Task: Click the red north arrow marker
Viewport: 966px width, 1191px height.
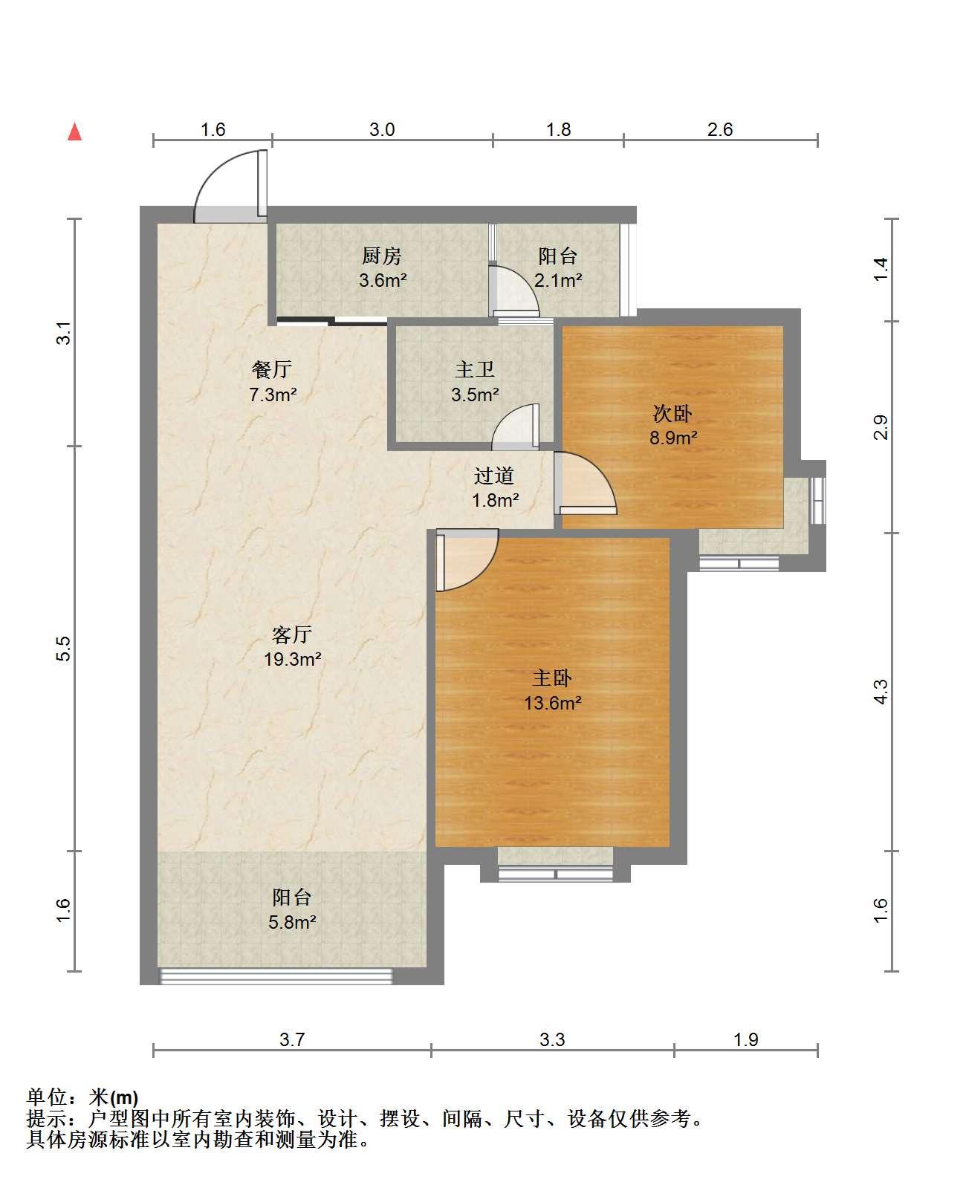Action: coord(75,132)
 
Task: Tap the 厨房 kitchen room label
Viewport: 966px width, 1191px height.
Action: coord(382,256)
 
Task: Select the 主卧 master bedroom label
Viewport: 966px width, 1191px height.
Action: coord(552,678)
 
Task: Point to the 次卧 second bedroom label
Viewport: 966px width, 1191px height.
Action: coord(672,413)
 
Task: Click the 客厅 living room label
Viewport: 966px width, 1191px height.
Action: coord(292,635)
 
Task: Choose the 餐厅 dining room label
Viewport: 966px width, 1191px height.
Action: coord(272,369)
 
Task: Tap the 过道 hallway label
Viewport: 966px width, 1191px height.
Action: coord(494,476)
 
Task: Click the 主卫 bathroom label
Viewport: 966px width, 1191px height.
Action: coord(475,369)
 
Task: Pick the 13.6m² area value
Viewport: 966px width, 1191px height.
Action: coord(552,703)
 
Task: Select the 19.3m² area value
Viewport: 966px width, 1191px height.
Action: coord(292,659)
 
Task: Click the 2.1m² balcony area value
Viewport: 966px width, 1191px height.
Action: coord(558,280)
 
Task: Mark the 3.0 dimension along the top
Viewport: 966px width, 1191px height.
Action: coord(383,130)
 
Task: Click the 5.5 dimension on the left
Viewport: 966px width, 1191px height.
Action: coord(65,649)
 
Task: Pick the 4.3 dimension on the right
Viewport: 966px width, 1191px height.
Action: coord(881,692)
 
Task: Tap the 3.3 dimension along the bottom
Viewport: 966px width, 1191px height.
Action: coord(552,1039)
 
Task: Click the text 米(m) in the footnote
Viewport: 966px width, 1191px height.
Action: coord(114,1098)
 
